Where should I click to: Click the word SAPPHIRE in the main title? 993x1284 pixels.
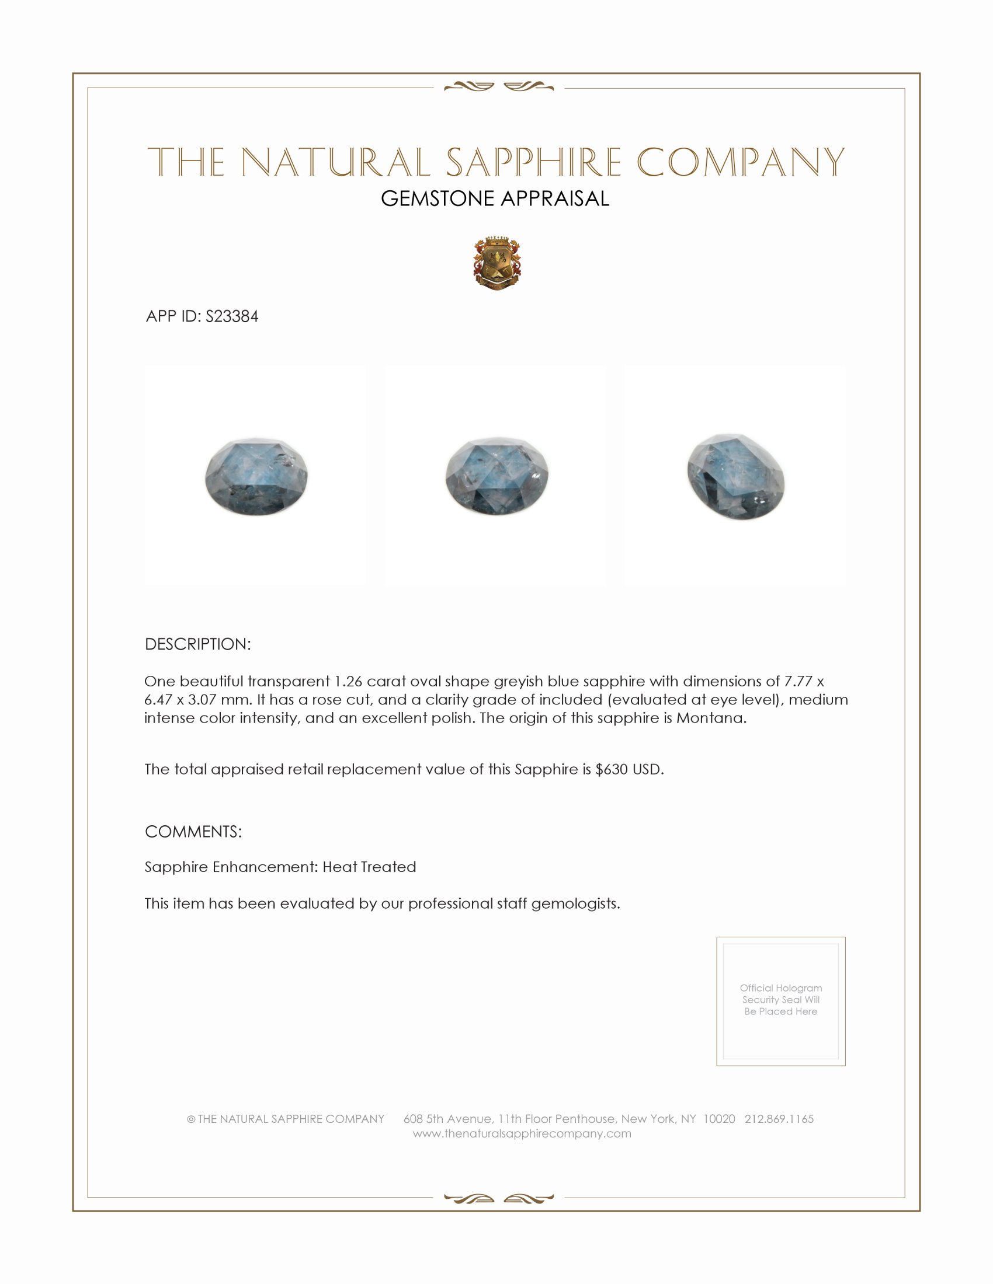533,162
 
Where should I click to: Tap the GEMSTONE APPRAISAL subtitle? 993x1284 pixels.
495,198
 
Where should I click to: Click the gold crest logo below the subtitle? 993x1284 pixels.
497,263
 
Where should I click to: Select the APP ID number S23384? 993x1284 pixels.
232,317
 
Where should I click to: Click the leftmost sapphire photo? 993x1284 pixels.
256,476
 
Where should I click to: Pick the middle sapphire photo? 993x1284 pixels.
496,476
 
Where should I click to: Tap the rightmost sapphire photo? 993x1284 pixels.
735,476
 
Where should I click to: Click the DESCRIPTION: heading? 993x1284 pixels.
197,644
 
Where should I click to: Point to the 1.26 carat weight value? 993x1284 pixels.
348,681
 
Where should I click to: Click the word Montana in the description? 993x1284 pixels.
711,718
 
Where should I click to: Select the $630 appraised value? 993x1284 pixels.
611,770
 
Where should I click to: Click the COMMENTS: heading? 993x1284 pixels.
193,832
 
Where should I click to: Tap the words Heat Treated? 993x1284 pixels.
369,867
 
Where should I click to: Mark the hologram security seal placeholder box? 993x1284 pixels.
780,1000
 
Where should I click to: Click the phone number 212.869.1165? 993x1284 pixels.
779,1119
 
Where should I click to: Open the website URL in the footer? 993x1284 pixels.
522,1133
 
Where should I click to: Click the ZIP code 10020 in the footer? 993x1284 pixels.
719,1119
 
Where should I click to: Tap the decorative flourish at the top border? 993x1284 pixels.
498,87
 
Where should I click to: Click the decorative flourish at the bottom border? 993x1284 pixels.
498,1198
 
